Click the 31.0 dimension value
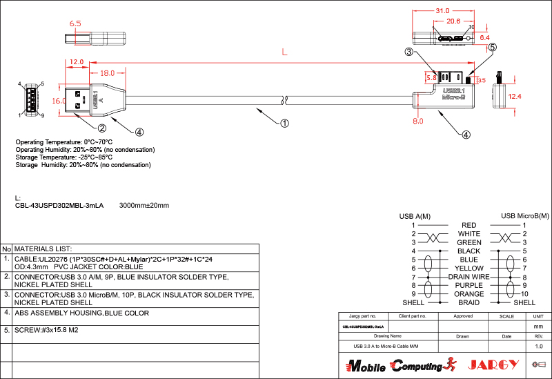pyautogui.click(x=443, y=11)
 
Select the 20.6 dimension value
pyautogui.click(x=453, y=21)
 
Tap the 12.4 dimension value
pyautogui.click(x=515, y=97)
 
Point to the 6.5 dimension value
pyautogui.click(x=75, y=23)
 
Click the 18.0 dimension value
pyautogui.click(x=108, y=73)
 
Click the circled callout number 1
pyautogui.click(x=284, y=124)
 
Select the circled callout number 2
pyautogui.click(x=101, y=128)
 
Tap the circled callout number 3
pyautogui.click(x=409, y=52)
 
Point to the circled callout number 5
pyautogui.click(x=492, y=48)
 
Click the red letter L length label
pyautogui.click(x=285, y=52)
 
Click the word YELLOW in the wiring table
pyautogui.click(x=469, y=268)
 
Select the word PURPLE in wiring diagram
pyautogui.click(x=469, y=285)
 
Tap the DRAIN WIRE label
pyautogui.click(x=469, y=277)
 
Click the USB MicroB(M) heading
pyautogui.click(x=524, y=216)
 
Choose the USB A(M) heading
pyautogui.click(x=415, y=216)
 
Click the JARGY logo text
pyautogui.click(x=493, y=365)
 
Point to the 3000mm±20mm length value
pyautogui.click(x=144, y=206)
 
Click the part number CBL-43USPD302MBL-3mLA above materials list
pyautogui.click(x=59, y=206)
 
